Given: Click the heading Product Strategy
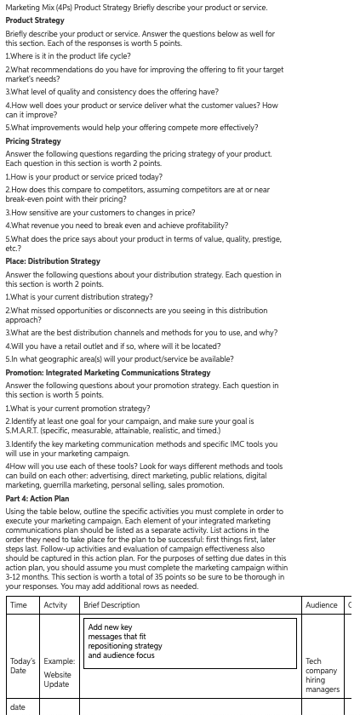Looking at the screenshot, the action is pos(35,20).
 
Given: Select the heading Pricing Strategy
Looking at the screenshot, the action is pos(33,141).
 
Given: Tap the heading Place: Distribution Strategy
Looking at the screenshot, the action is pos(53,261).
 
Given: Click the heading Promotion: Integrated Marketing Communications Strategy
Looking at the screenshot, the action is pos(108,373).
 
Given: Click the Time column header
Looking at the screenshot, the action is pos(19,604).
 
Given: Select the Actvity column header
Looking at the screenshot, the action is pos(55,604).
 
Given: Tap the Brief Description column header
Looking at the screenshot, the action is pos(111,604).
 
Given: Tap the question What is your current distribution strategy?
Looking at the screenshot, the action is pos(79,297).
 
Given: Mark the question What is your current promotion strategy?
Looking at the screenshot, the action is pos(77,409).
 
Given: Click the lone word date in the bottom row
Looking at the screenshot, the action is pos(18,706).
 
